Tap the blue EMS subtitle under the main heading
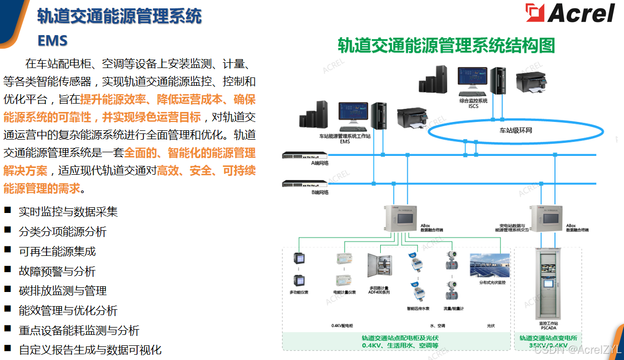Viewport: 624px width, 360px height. [x=52, y=40]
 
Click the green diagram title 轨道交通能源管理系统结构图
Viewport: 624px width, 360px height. [x=446, y=46]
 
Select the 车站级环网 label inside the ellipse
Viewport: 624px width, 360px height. [x=515, y=131]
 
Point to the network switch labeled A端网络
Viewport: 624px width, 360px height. [x=305, y=155]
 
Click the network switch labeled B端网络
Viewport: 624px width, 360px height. [x=305, y=184]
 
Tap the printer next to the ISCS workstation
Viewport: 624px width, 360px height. [x=532, y=83]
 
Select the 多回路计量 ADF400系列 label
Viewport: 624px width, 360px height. [x=379, y=290]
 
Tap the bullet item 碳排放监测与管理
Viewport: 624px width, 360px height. [x=63, y=291]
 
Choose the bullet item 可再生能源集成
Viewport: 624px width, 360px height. [x=58, y=252]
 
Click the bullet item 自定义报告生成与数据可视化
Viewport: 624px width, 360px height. [x=90, y=350]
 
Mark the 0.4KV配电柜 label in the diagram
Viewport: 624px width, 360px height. [x=343, y=325]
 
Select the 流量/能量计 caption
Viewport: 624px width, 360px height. [x=453, y=309]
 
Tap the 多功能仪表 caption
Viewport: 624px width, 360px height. [x=299, y=292]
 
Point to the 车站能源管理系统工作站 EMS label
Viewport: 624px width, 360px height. [x=345, y=139]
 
